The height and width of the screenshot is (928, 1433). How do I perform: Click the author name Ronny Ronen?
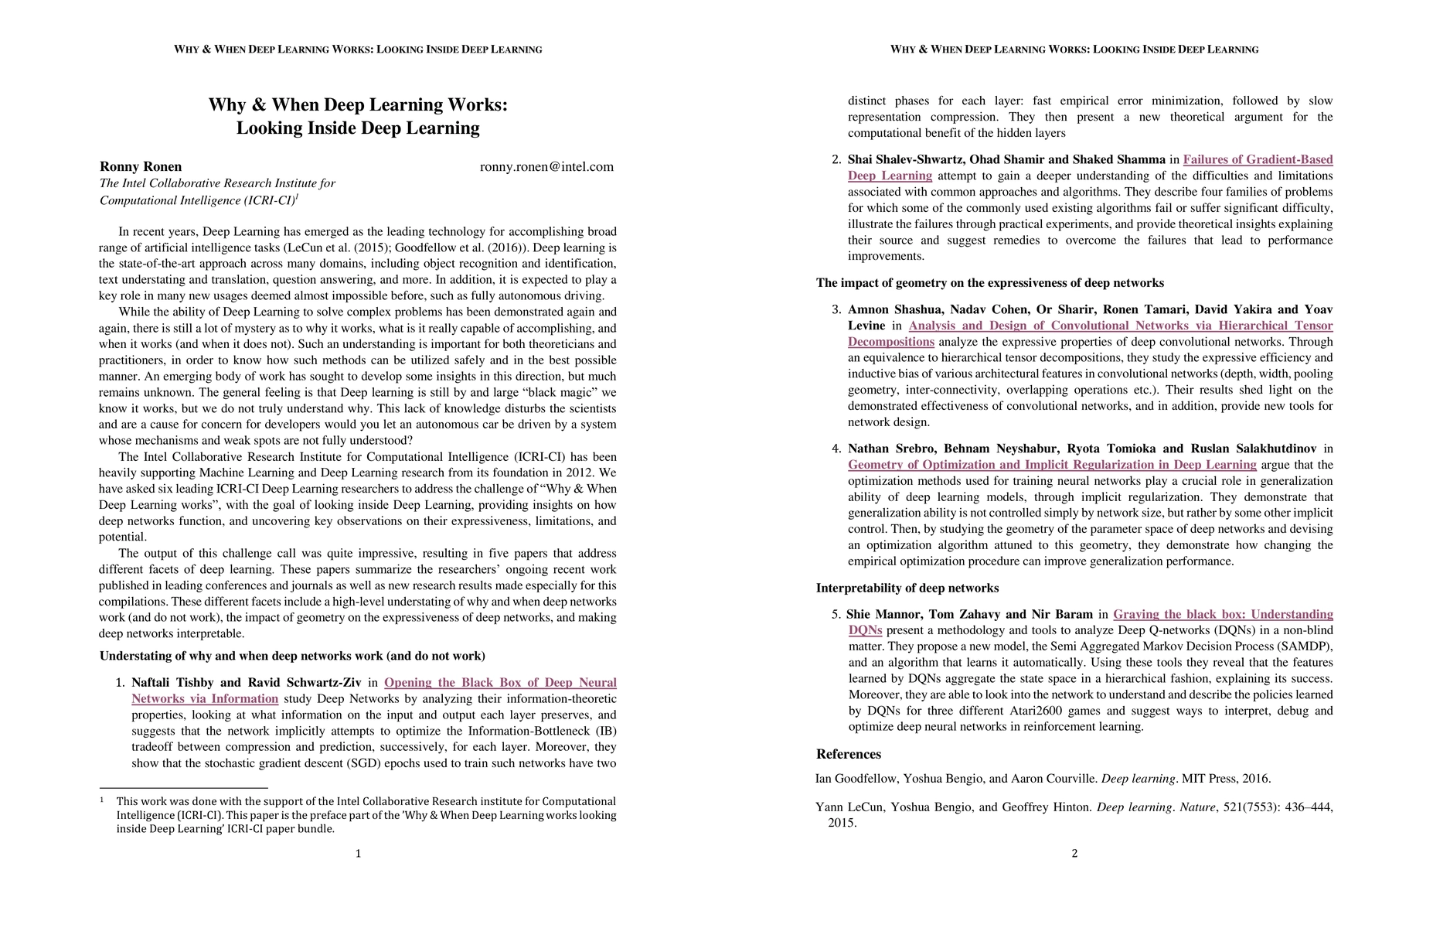coord(141,167)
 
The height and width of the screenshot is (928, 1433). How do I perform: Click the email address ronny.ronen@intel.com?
coord(546,167)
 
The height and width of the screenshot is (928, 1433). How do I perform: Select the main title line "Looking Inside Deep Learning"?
coord(358,128)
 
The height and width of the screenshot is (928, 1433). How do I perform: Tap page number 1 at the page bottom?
coord(358,854)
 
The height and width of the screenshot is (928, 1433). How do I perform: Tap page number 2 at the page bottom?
coord(1074,854)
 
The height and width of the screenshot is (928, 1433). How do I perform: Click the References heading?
coord(848,754)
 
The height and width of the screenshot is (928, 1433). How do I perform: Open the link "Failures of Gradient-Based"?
coord(1258,160)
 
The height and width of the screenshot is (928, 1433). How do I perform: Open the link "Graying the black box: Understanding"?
coord(1223,615)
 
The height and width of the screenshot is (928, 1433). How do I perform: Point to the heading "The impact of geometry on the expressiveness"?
coord(989,283)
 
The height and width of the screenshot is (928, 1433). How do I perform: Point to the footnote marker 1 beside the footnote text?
coord(101,800)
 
